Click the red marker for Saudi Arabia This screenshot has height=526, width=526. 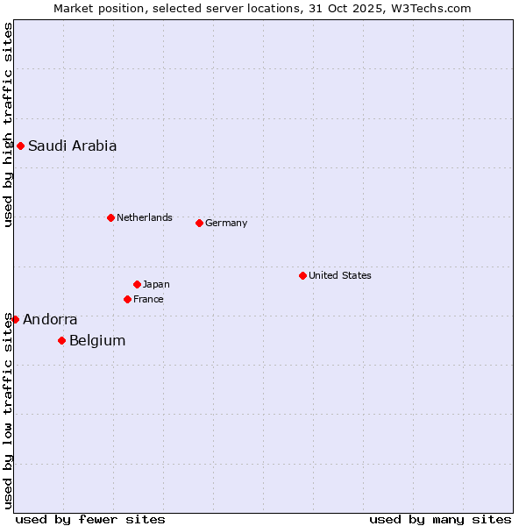coord(20,146)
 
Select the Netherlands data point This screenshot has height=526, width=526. coord(110,217)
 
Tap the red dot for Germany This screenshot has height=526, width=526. coord(199,223)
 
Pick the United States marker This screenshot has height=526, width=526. coord(302,275)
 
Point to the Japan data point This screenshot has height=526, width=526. coord(137,284)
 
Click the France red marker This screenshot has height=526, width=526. coord(127,299)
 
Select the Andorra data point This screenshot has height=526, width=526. coord(15,319)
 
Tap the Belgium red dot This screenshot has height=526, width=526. coord(61,340)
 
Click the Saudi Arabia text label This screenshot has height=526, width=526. coord(72,146)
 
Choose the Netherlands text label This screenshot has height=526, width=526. coord(144,217)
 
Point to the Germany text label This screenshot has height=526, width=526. coord(226,223)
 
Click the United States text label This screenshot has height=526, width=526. coord(339,275)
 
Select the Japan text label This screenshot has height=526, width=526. coord(156,284)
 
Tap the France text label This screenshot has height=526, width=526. coord(148,299)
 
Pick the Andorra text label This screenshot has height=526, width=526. coord(50,320)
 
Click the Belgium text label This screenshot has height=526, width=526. coord(97,341)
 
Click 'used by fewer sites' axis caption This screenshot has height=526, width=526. coord(90,519)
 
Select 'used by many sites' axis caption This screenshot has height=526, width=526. coord(440,519)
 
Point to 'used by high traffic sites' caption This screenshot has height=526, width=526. coord(8,124)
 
